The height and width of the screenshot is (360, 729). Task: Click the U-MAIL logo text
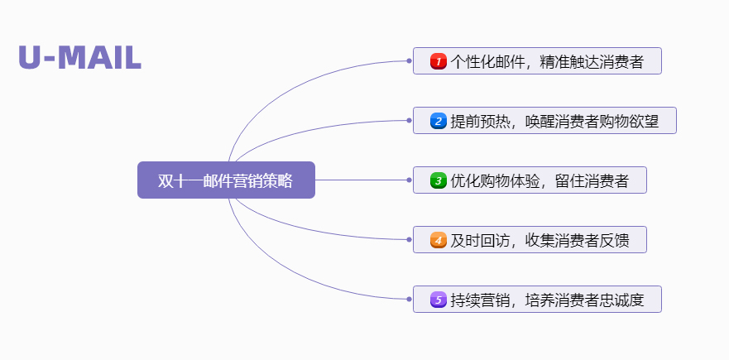click(x=79, y=58)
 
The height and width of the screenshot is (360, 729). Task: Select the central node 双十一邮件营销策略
click(x=226, y=180)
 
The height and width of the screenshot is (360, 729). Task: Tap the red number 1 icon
click(x=438, y=61)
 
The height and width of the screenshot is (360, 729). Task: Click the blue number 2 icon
click(x=438, y=121)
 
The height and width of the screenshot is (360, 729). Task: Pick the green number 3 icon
click(x=438, y=180)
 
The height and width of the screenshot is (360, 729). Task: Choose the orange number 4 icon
click(x=438, y=240)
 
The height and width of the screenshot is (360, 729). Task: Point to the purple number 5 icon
click(x=438, y=300)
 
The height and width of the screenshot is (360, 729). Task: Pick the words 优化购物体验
click(x=487, y=180)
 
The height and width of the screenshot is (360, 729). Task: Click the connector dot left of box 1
click(x=410, y=60)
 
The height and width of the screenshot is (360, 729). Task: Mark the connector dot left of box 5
click(x=410, y=299)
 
